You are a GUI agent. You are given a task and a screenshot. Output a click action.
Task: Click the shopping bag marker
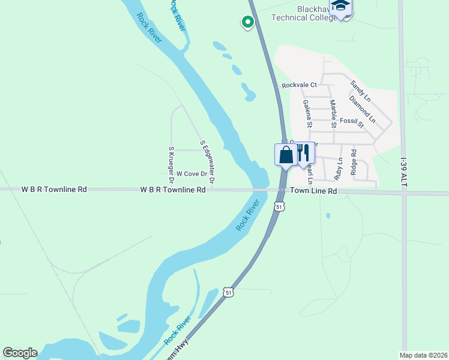tap(286, 155)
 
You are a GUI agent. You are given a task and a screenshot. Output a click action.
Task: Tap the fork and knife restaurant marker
tap(303, 154)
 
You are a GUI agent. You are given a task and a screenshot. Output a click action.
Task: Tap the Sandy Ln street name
tap(361, 91)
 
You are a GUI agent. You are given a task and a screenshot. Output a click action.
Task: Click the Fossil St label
tap(352, 122)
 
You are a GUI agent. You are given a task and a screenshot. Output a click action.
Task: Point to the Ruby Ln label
tap(339, 170)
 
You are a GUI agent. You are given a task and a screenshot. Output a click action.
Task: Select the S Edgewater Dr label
tap(207, 162)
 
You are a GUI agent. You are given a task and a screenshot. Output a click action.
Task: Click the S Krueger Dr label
tap(171, 164)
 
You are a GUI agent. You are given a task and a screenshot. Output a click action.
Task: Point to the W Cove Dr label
tap(191, 174)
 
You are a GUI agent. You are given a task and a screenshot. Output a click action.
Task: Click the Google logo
tap(20, 353)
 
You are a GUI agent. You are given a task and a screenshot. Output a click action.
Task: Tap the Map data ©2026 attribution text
tap(423, 355)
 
